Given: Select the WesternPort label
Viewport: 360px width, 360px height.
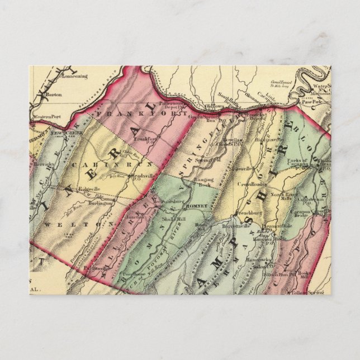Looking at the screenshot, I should click(x=46, y=117).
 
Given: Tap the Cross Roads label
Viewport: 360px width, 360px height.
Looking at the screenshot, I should click(x=251, y=183).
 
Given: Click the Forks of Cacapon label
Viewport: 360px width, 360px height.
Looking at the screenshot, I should click(x=312, y=163).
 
